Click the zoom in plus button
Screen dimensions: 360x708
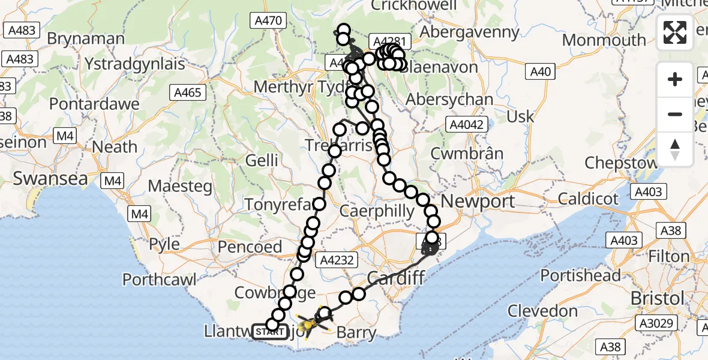coord(675,79)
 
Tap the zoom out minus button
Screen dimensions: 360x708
coord(675,114)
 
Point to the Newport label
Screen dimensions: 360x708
coord(481,201)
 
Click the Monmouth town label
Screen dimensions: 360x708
coord(604,40)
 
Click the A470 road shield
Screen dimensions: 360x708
coord(267,22)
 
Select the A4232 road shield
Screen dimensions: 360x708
coord(339,260)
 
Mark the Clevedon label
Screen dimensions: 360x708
coord(542,311)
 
